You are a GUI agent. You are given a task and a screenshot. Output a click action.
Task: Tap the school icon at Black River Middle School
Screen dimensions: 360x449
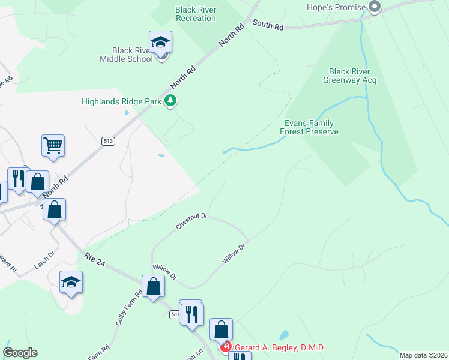click(160, 43)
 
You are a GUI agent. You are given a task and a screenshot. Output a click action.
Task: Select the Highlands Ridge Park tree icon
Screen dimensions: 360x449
click(171, 101)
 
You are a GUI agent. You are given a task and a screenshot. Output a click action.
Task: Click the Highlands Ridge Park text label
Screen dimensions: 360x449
click(122, 101)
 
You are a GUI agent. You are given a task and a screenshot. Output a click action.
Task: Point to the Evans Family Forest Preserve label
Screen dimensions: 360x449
click(311, 127)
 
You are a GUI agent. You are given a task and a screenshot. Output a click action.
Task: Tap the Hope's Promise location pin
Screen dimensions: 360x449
click(375, 7)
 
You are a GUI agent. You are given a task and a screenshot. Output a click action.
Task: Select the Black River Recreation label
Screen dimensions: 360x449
click(196, 14)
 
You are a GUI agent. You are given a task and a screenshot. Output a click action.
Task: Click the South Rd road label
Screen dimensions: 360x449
click(268, 25)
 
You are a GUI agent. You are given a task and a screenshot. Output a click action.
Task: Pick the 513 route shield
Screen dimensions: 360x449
click(108, 141)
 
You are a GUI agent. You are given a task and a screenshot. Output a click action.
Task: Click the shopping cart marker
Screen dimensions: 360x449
click(53, 145)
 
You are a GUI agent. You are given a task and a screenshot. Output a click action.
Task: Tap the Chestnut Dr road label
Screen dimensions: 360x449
click(192, 221)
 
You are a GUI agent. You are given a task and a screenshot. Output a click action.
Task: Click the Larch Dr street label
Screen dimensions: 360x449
click(44, 260)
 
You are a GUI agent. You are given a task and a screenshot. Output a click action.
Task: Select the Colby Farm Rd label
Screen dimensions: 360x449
click(128, 308)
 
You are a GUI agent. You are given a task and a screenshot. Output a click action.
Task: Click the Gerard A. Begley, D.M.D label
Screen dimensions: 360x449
click(279, 347)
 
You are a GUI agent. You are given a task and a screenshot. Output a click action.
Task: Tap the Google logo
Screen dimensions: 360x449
click(20, 353)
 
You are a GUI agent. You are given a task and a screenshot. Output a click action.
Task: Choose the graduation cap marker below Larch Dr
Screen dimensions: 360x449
click(71, 282)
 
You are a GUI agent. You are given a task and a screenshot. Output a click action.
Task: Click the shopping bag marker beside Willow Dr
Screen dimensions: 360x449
click(154, 286)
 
